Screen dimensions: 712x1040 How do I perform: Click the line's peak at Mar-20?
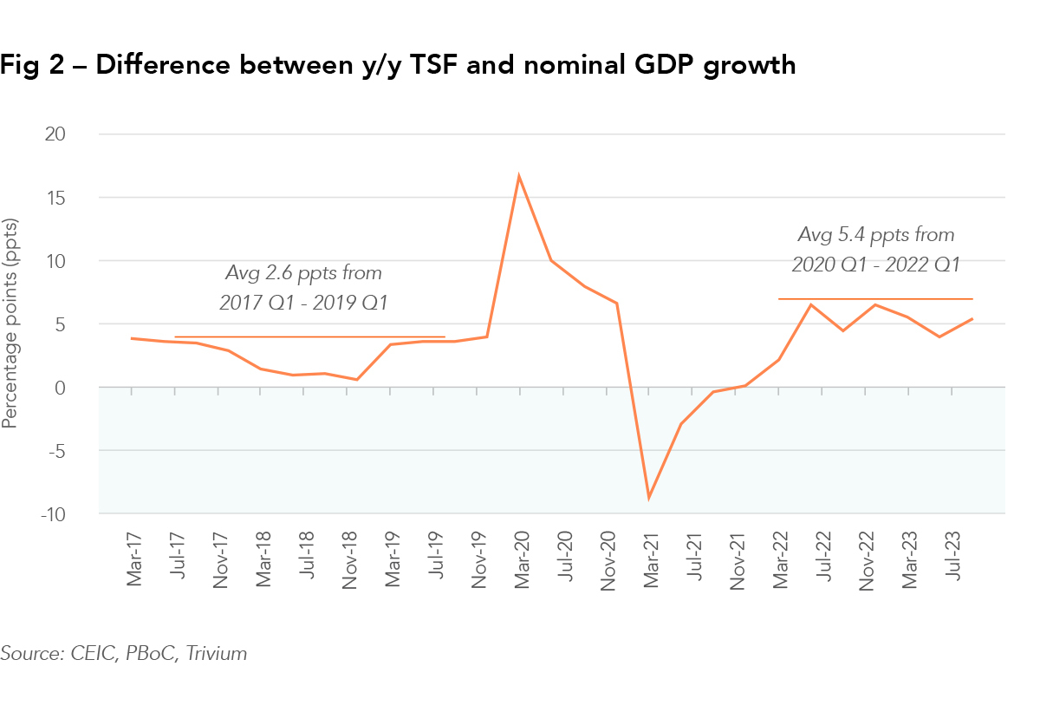[x=518, y=176]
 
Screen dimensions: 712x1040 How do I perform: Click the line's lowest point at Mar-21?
[x=648, y=498]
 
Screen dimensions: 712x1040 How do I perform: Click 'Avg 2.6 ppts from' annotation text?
[x=303, y=273]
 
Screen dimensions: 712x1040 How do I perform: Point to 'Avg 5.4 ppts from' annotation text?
[x=875, y=234]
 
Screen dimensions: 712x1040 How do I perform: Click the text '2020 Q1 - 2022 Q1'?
[x=875, y=265]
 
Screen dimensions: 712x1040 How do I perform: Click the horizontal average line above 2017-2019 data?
[x=309, y=336]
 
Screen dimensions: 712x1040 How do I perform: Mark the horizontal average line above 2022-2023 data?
[x=875, y=298]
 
